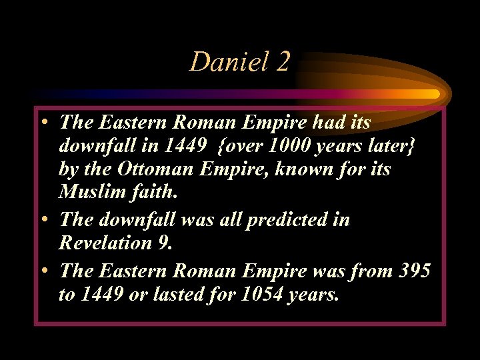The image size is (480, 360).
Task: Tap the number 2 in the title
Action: (281, 63)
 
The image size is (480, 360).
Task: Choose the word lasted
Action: (173, 293)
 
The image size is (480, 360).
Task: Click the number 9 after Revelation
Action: (165, 243)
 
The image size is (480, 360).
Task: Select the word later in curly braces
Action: (387, 146)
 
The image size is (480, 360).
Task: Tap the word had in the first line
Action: (314, 122)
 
